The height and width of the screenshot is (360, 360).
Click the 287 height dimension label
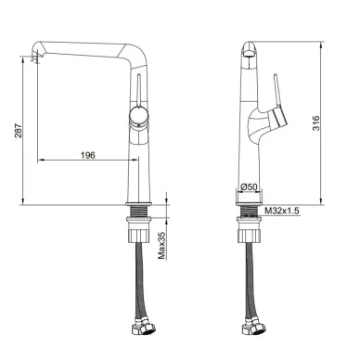click(19, 131)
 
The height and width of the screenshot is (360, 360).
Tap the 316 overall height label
click(315, 123)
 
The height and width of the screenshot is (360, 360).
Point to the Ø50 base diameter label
click(249, 186)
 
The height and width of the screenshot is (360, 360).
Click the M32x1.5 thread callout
click(282, 211)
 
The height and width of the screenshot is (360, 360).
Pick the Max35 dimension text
click(161, 246)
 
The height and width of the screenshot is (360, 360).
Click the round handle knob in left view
click(139, 117)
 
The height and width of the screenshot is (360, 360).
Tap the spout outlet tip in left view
click(36, 58)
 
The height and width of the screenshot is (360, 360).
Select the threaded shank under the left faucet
click(138, 212)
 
